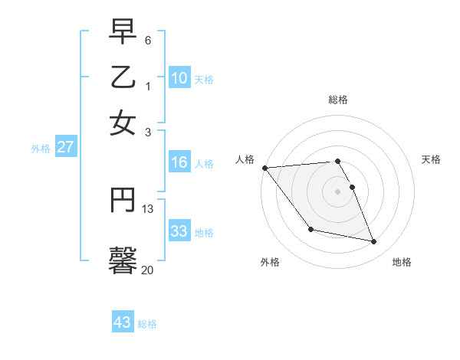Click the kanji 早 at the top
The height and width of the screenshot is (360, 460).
tap(123, 31)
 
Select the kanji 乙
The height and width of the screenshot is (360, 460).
tap(123, 77)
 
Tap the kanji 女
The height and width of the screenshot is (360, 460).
tap(123, 123)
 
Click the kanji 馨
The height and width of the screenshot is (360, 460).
tap(123, 260)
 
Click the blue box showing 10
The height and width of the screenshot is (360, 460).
tap(179, 78)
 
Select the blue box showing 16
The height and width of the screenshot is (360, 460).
tap(179, 162)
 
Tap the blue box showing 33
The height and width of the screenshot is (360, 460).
tap(179, 231)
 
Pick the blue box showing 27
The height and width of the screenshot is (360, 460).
tap(65, 147)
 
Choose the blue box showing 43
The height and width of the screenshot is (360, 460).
tap(123, 322)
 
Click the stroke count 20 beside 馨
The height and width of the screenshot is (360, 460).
tap(147, 270)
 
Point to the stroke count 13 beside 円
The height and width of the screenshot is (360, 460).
tap(148, 208)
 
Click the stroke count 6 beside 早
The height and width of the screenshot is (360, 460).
tap(148, 39)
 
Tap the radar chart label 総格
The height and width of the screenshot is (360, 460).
tap(338, 100)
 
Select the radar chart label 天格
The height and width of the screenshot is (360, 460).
tap(432, 159)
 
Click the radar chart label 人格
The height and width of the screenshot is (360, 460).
tap(245, 159)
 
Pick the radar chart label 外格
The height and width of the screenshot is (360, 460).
tap(270, 262)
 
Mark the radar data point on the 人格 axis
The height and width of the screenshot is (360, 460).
tap(264, 168)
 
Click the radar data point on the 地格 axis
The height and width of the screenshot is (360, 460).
tap(374, 242)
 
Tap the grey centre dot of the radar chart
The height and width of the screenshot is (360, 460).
tap(338, 191)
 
